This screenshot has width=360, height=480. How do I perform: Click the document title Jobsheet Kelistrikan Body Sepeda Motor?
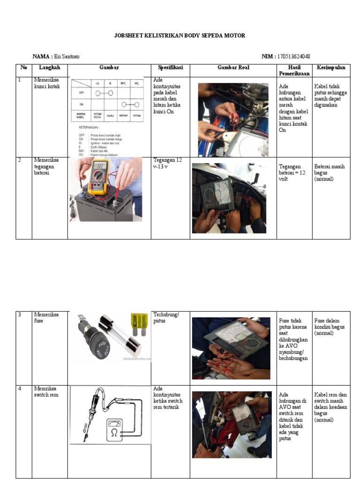tap(180, 36)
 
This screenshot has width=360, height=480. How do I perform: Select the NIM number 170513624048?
tap(293, 57)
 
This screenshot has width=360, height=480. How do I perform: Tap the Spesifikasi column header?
tap(170, 67)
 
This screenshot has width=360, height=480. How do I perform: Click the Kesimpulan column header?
tap(331, 67)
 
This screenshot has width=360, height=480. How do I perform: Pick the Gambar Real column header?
tap(233, 67)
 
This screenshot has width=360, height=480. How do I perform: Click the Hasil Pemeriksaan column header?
tap(294, 70)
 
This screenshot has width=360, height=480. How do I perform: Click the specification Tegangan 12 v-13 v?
tap(167, 163)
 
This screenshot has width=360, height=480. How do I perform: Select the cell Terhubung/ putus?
tap(166, 318)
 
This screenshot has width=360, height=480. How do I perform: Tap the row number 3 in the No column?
tap(20, 315)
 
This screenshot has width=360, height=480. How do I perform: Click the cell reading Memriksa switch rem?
tap(46, 392)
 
